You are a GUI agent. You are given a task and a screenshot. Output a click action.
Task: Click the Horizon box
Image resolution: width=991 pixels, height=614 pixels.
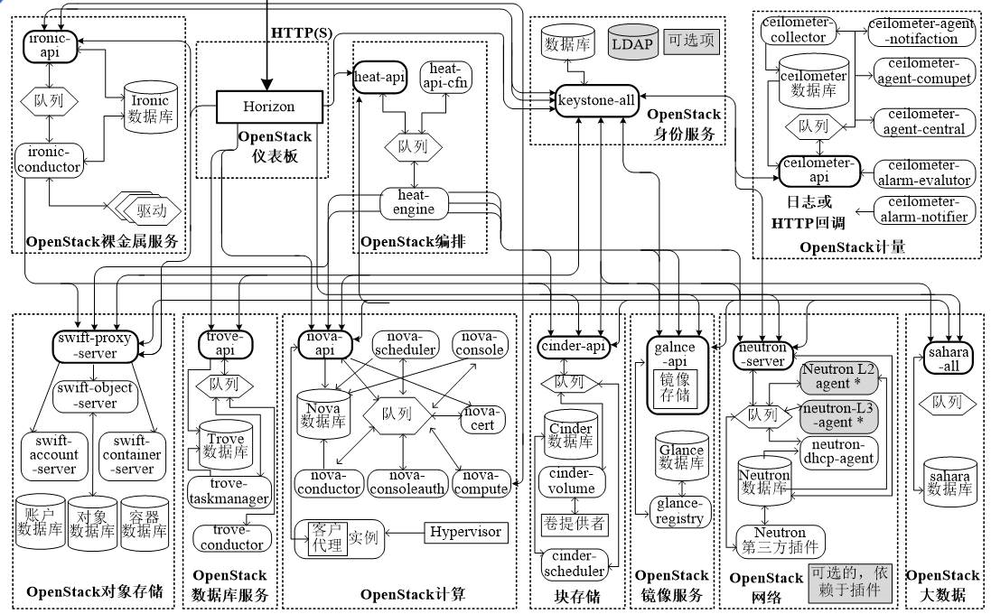tap(268, 107)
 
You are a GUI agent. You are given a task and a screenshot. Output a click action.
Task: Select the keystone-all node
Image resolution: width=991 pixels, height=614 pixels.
tap(596, 100)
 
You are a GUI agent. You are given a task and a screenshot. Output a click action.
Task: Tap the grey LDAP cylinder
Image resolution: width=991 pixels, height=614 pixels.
tap(632, 42)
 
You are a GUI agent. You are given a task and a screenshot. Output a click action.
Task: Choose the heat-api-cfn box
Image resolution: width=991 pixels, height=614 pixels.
tap(445, 76)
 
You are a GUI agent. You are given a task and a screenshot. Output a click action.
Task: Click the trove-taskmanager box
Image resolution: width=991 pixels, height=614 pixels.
tap(229, 492)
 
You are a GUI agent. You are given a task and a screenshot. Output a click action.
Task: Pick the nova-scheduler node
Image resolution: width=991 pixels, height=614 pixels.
tap(406, 343)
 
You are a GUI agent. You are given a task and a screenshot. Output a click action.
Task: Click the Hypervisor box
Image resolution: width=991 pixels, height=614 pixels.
tap(465, 532)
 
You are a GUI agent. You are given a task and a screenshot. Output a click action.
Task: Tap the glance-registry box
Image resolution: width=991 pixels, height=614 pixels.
tap(680, 511)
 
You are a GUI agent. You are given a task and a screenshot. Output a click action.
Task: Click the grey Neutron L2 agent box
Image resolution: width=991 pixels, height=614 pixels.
tap(839, 376)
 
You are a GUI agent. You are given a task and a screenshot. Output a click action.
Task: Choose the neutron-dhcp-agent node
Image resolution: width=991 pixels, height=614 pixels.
tap(839, 451)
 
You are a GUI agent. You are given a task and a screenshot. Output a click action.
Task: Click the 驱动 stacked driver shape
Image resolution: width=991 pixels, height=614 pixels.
tap(150, 210)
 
